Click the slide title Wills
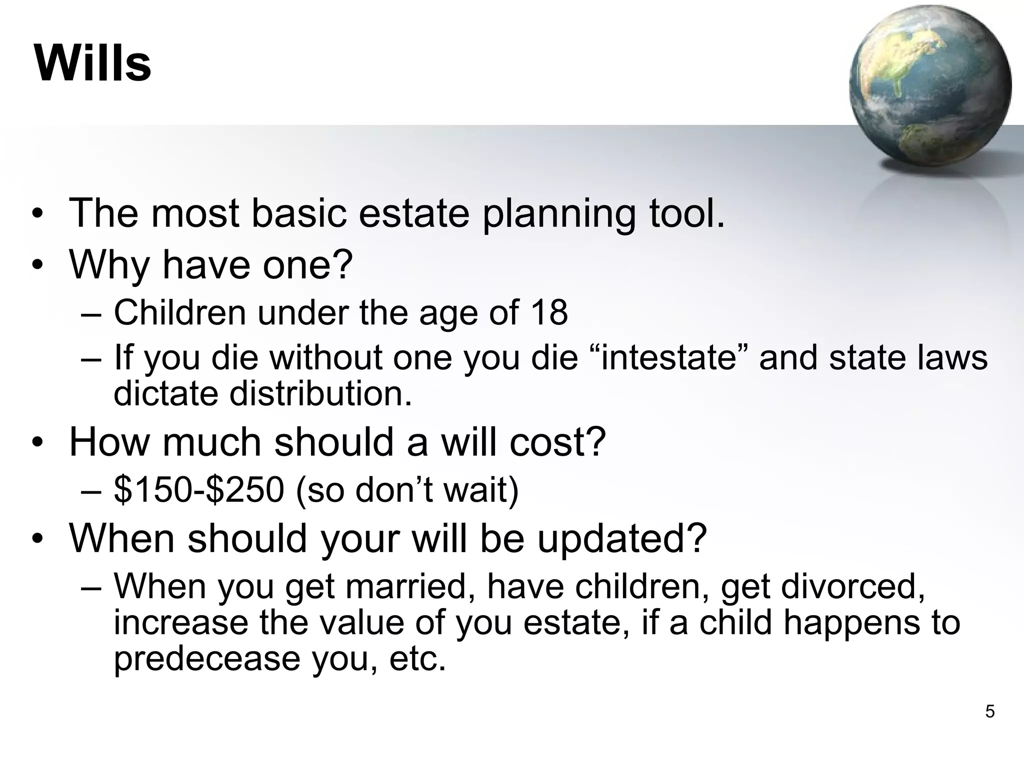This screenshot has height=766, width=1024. [93, 63]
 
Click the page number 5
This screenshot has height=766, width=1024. [989, 711]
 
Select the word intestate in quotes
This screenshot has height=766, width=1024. [668, 358]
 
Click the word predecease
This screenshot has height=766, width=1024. [206, 659]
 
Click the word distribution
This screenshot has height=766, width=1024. [320, 393]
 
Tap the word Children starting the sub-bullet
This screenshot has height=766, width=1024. [180, 313]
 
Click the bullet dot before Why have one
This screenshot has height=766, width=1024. [37, 265]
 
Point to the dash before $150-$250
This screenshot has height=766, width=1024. [90, 490]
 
